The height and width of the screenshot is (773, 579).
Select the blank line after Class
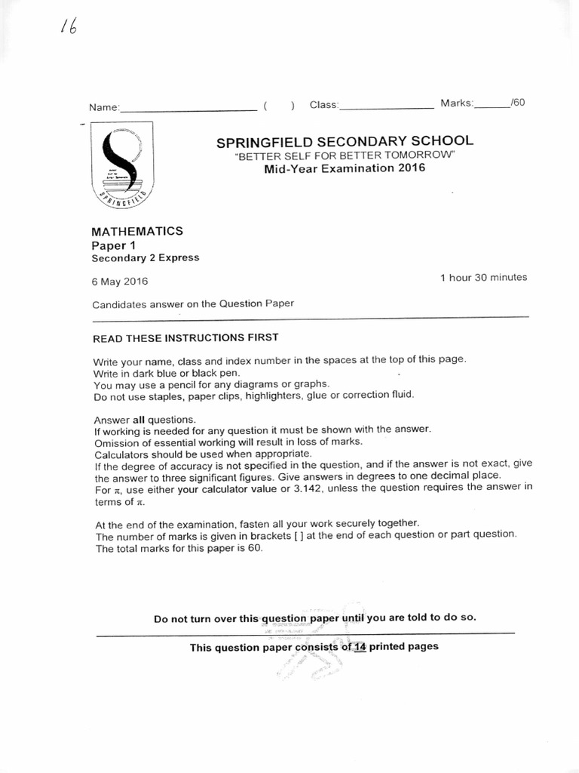(x=387, y=107)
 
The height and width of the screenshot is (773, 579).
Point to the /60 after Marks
(x=517, y=103)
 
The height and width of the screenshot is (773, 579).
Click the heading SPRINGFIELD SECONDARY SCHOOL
(x=345, y=141)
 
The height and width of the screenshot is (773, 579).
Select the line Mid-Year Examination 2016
(x=345, y=168)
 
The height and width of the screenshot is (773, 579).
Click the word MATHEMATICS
(x=137, y=231)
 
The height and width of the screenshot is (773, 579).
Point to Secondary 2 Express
(x=146, y=257)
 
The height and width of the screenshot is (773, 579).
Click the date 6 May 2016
(x=120, y=282)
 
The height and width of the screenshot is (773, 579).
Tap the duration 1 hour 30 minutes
(x=483, y=278)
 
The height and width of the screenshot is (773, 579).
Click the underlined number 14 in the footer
(x=360, y=647)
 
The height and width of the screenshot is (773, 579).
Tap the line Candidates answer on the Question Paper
(x=192, y=305)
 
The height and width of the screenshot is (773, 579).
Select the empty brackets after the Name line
(x=279, y=106)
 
